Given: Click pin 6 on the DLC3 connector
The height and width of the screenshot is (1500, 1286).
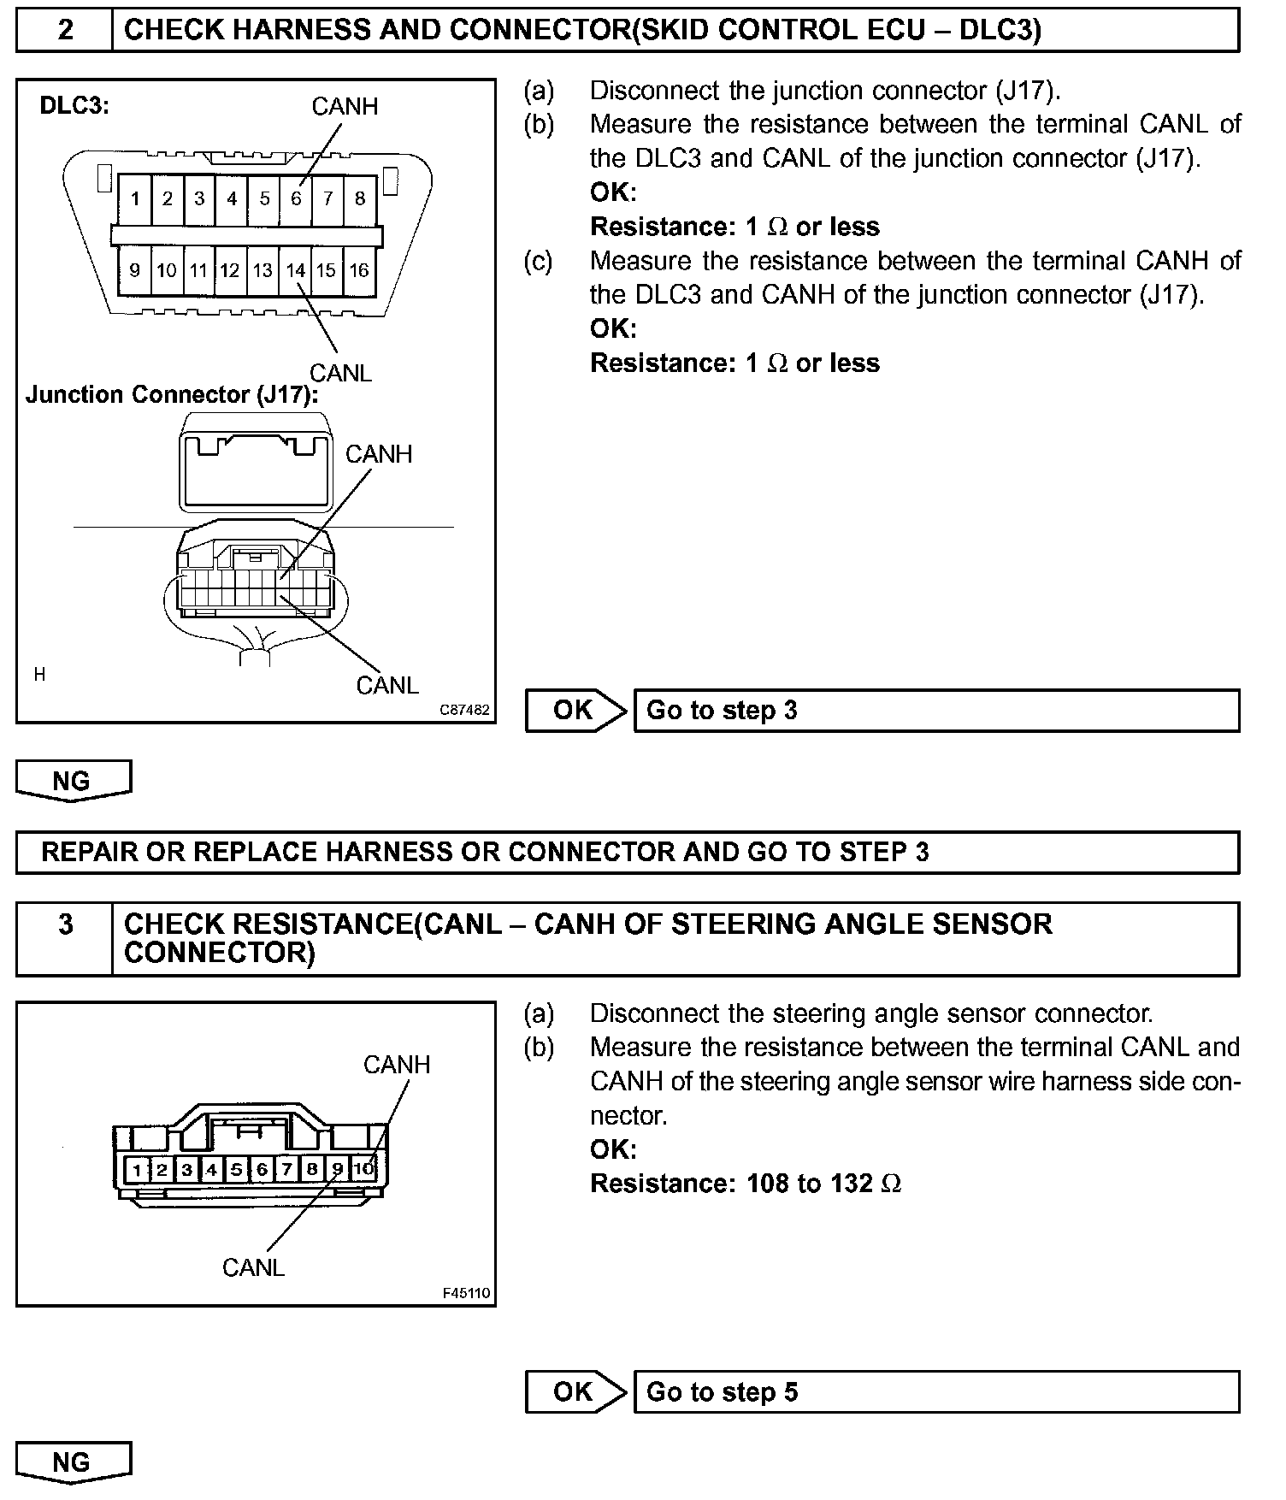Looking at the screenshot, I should [x=296, y=199].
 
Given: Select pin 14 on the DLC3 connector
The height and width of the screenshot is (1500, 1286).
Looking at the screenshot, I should [x=296, y=270].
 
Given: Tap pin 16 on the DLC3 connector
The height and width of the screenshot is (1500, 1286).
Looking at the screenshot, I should [x=359, y=270].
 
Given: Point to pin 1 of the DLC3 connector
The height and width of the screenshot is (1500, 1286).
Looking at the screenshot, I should [x=135, y=199].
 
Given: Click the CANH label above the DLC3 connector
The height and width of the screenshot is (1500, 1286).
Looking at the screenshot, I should [x=345, y=106].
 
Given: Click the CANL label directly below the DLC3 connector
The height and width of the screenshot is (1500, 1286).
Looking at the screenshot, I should [x=340, y=373].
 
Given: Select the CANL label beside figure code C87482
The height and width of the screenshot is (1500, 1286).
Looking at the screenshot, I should [x=387, y=685].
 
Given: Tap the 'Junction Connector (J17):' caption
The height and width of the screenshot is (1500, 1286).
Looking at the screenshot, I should [x=172, y=394].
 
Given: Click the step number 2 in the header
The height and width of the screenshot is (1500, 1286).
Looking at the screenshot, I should [x=65, y=31].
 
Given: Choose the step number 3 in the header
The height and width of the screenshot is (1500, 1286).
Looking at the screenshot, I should [x=65, y=924].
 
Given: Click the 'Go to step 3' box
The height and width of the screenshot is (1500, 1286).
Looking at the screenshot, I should [x=936, y=711].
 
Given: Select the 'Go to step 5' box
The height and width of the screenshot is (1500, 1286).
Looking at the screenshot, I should [x=936, y=1392].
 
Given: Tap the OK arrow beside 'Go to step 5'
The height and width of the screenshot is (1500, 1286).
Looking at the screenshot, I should [x=575, y=1392].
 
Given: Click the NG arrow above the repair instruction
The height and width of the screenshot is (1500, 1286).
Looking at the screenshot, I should [x=73, y=781].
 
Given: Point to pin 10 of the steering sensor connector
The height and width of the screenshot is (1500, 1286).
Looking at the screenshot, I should [x=363, y=1168].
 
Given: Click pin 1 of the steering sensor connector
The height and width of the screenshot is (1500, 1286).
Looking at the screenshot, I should [x=137, y=1169].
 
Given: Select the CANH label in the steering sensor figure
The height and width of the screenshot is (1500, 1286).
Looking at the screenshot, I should [x=396, y=1065].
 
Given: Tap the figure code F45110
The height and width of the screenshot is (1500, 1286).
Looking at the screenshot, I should [x=466, y=1293].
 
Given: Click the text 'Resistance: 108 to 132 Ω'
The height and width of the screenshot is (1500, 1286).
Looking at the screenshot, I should [x=746, y=1184].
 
